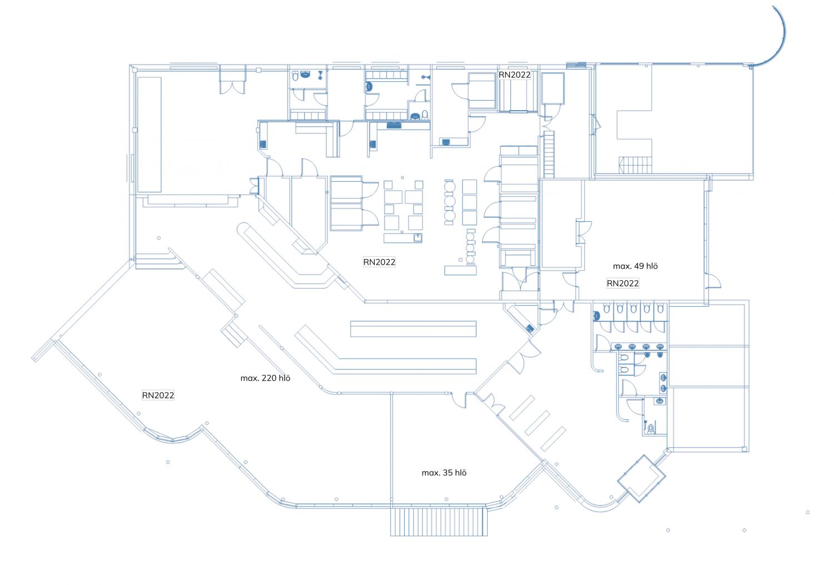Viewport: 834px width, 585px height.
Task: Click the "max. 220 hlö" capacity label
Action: pos(265,378)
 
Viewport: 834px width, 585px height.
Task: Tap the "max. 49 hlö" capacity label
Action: pos(635,266)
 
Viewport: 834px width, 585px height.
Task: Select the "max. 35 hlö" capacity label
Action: pos(444,473)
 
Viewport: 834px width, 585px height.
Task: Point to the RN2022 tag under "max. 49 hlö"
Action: pos(622,283)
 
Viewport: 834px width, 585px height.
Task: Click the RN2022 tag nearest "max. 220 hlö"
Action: pos(158,395)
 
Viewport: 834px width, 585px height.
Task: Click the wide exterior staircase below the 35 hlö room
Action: pos(439,521)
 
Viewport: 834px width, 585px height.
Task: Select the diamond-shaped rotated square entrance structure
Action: pos(642,478)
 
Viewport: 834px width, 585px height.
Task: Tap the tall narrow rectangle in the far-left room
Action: pos(149,135)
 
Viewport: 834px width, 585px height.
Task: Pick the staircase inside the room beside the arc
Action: pos(635,165)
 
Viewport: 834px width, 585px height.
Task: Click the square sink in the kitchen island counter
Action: pos(417,238)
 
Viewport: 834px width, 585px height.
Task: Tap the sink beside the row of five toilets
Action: pos(597,316)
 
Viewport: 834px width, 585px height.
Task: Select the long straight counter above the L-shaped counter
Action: pos(413,329)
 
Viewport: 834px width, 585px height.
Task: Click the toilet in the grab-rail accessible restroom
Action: pos(651,428)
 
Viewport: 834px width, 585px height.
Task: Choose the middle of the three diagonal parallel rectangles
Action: pos(537,423)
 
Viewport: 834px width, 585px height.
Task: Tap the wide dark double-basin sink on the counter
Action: pos(394,125)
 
